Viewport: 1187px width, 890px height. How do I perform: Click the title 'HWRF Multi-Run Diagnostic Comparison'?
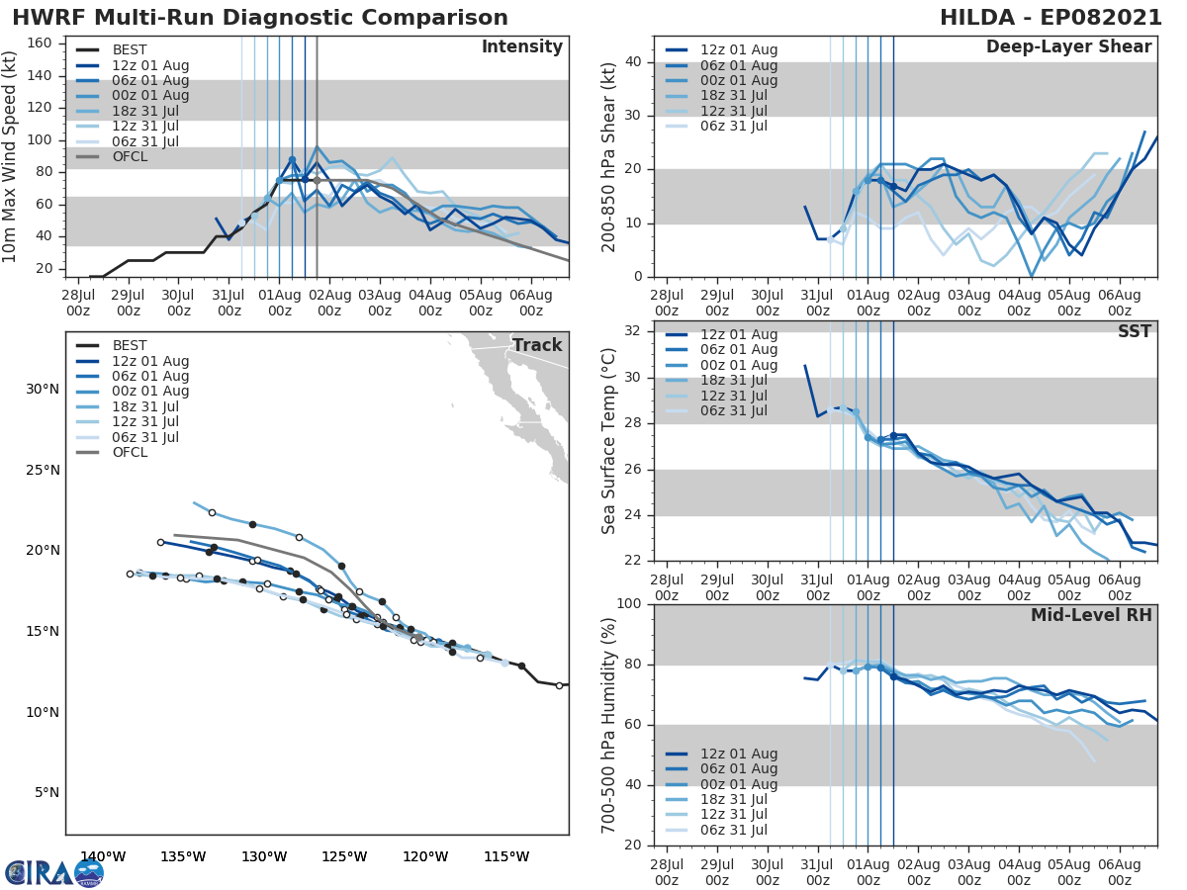pos(260,18)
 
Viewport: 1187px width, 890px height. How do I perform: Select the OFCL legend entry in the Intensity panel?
pos(130,157)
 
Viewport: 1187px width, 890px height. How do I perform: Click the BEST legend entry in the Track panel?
pos(130,346)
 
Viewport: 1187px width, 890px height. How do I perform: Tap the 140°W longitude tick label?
pos(103,856)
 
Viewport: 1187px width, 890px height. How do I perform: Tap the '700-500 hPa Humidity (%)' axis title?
pos(609,725)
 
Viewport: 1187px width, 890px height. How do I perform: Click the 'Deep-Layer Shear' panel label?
pos(1068,47)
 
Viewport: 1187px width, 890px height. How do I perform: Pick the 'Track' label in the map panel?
pos(536,345)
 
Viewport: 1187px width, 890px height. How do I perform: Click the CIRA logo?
pos(54,872)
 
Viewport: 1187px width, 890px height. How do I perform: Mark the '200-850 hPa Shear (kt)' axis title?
pos(609,157)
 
